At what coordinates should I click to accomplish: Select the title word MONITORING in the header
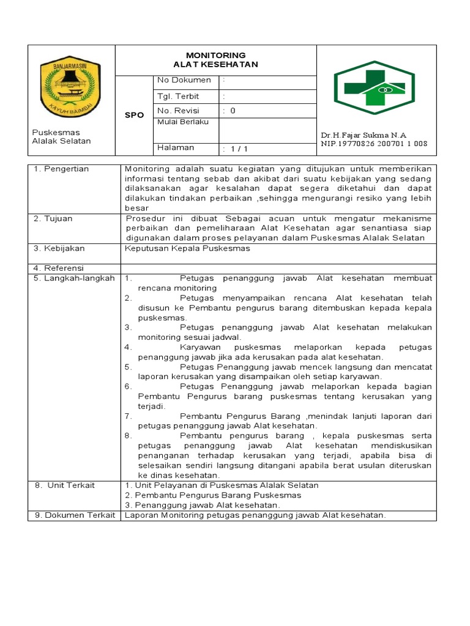coord(215,55)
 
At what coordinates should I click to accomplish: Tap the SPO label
coord(134,115)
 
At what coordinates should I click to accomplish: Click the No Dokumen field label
coord(184,80)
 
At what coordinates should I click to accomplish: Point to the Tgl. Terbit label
coord(178,97)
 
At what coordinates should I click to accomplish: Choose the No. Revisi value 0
coord(233,111)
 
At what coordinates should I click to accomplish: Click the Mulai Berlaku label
coord(183,122)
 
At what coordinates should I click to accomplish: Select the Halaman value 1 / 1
coord(236,149)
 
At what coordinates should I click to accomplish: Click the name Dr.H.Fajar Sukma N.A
coord(364,135)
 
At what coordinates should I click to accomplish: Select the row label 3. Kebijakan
coord(59,249)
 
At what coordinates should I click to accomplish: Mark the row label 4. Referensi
coord(59,268)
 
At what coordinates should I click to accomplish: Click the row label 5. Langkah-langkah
coord(74,278)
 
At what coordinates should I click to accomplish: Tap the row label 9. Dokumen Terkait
coord(75,515)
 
